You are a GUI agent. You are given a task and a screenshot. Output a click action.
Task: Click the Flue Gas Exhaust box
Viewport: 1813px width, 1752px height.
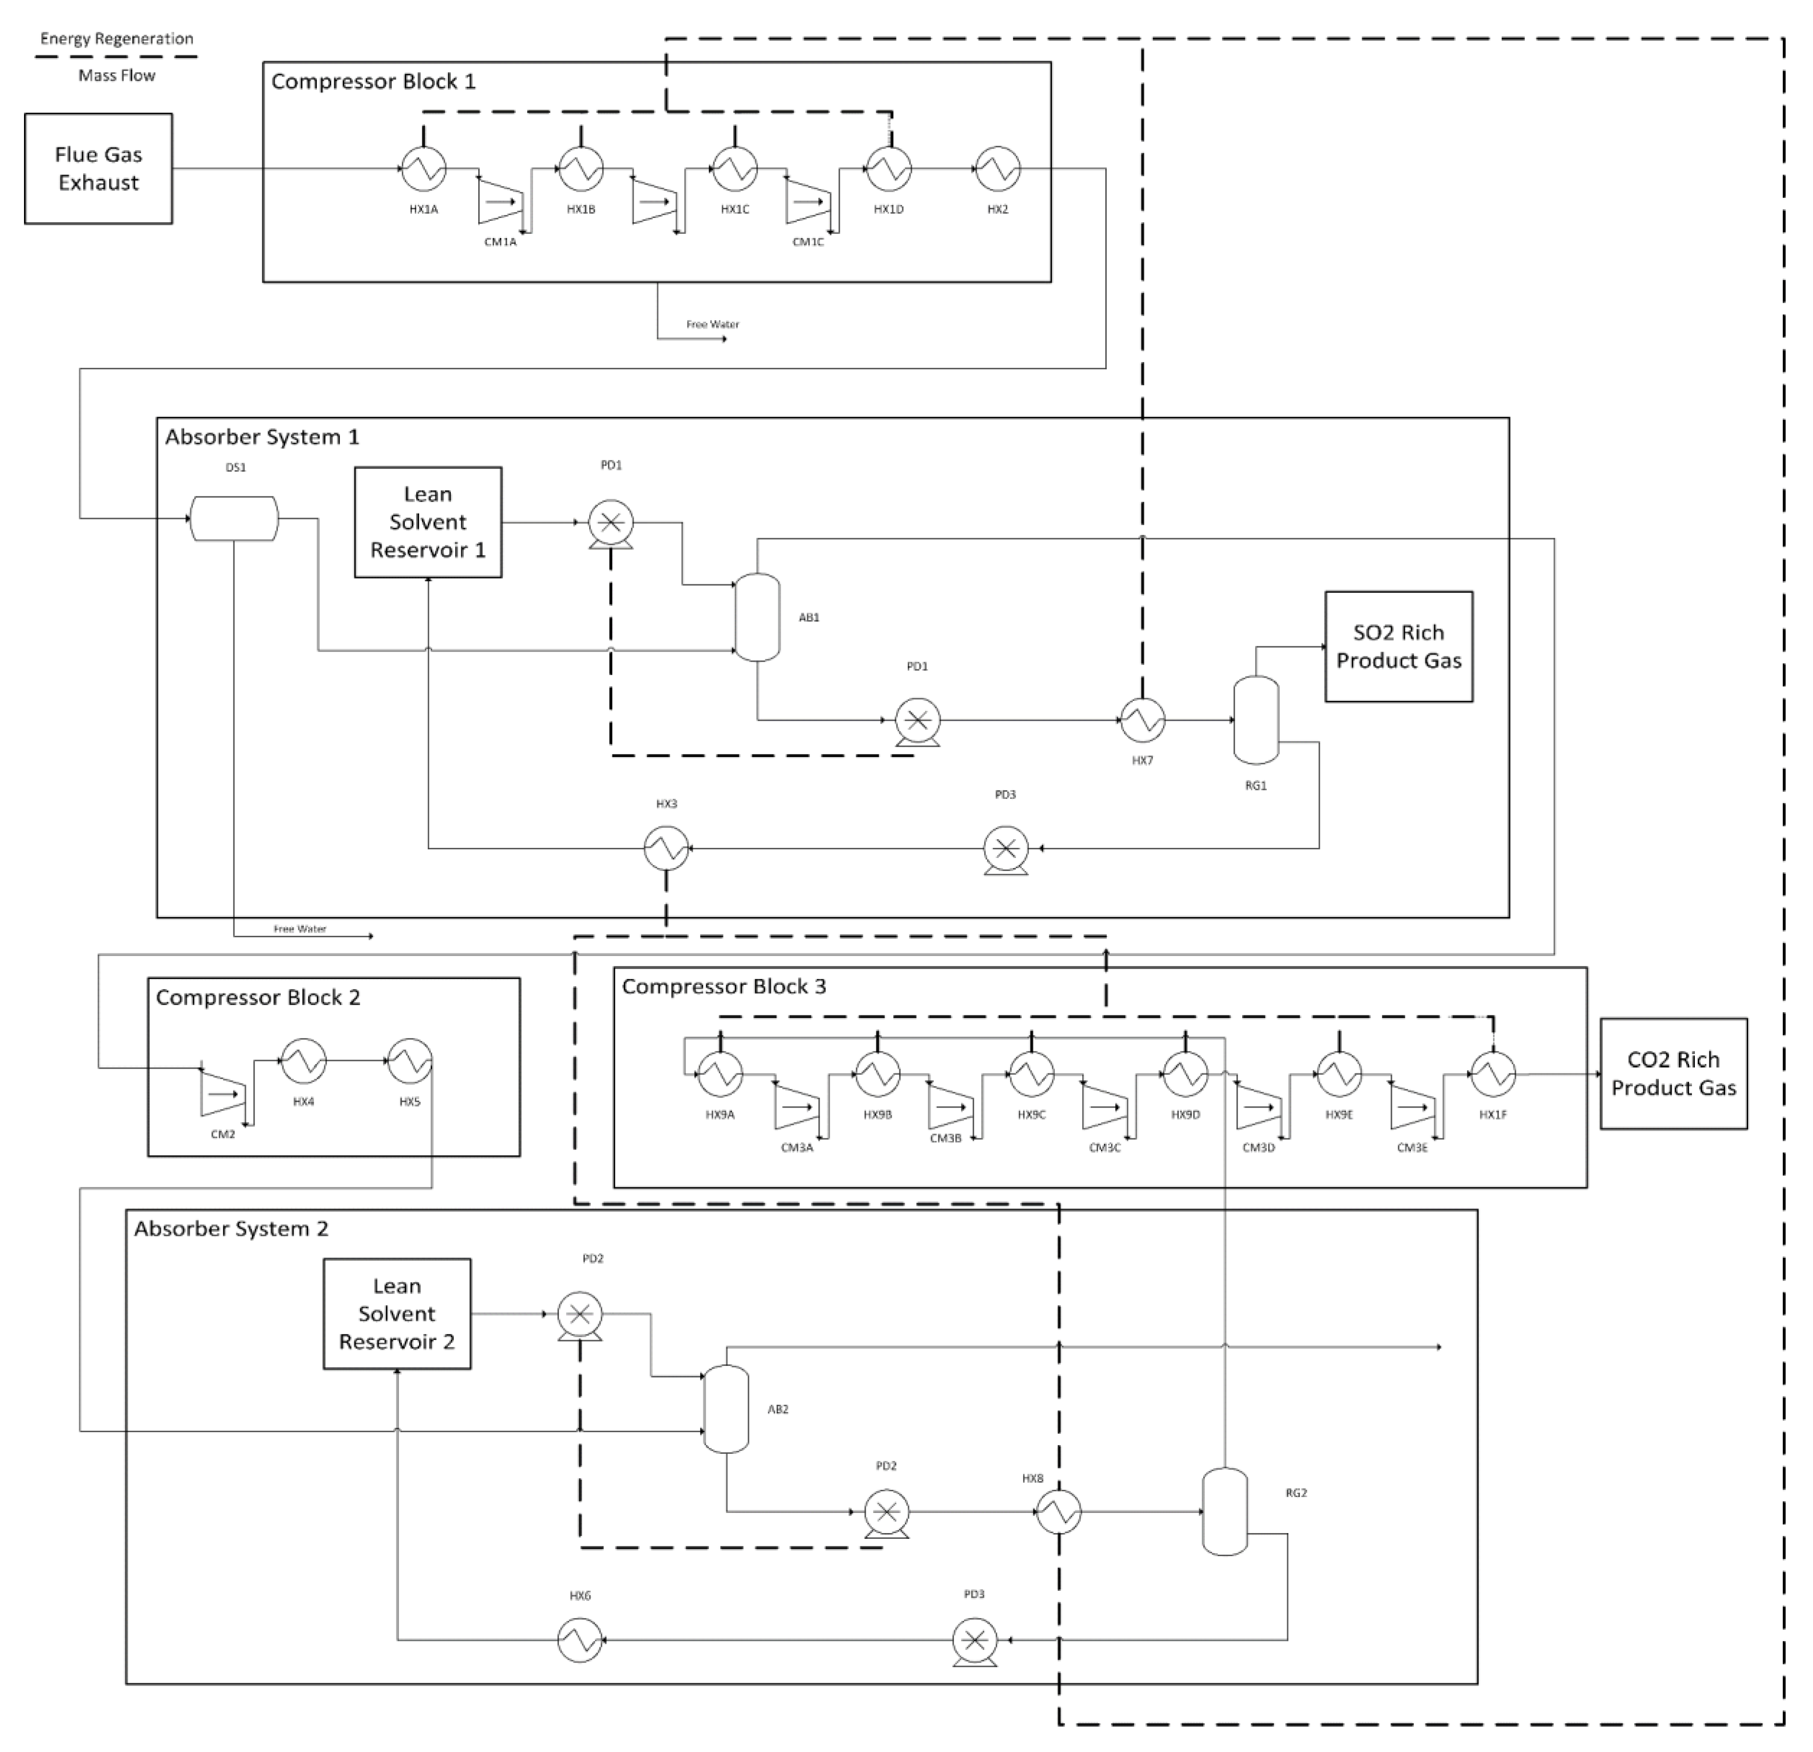(98, 169)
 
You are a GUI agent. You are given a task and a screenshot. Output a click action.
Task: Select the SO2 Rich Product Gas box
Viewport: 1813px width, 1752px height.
(1399, 647)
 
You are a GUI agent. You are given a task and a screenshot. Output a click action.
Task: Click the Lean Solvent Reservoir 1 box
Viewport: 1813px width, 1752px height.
(428, 523)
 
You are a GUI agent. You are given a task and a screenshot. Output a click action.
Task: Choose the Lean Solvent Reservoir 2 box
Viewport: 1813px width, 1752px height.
(397, 1314)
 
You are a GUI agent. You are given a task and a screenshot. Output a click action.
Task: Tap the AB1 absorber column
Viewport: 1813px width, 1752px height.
(758, 617)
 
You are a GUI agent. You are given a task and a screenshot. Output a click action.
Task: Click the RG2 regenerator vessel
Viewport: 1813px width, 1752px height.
(1225, 1512)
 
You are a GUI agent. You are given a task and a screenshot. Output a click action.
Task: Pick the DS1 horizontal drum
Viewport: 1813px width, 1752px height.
(234, 518)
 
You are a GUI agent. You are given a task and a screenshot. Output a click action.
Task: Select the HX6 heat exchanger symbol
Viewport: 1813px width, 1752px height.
(580, 1640)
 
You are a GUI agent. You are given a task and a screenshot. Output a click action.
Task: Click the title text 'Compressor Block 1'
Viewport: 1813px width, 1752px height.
(374, 82)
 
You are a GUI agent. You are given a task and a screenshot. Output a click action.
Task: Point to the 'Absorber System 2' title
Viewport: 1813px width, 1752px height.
(231, 1229)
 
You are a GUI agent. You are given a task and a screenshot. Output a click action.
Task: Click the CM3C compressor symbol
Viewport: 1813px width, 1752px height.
(1104, 1105)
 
